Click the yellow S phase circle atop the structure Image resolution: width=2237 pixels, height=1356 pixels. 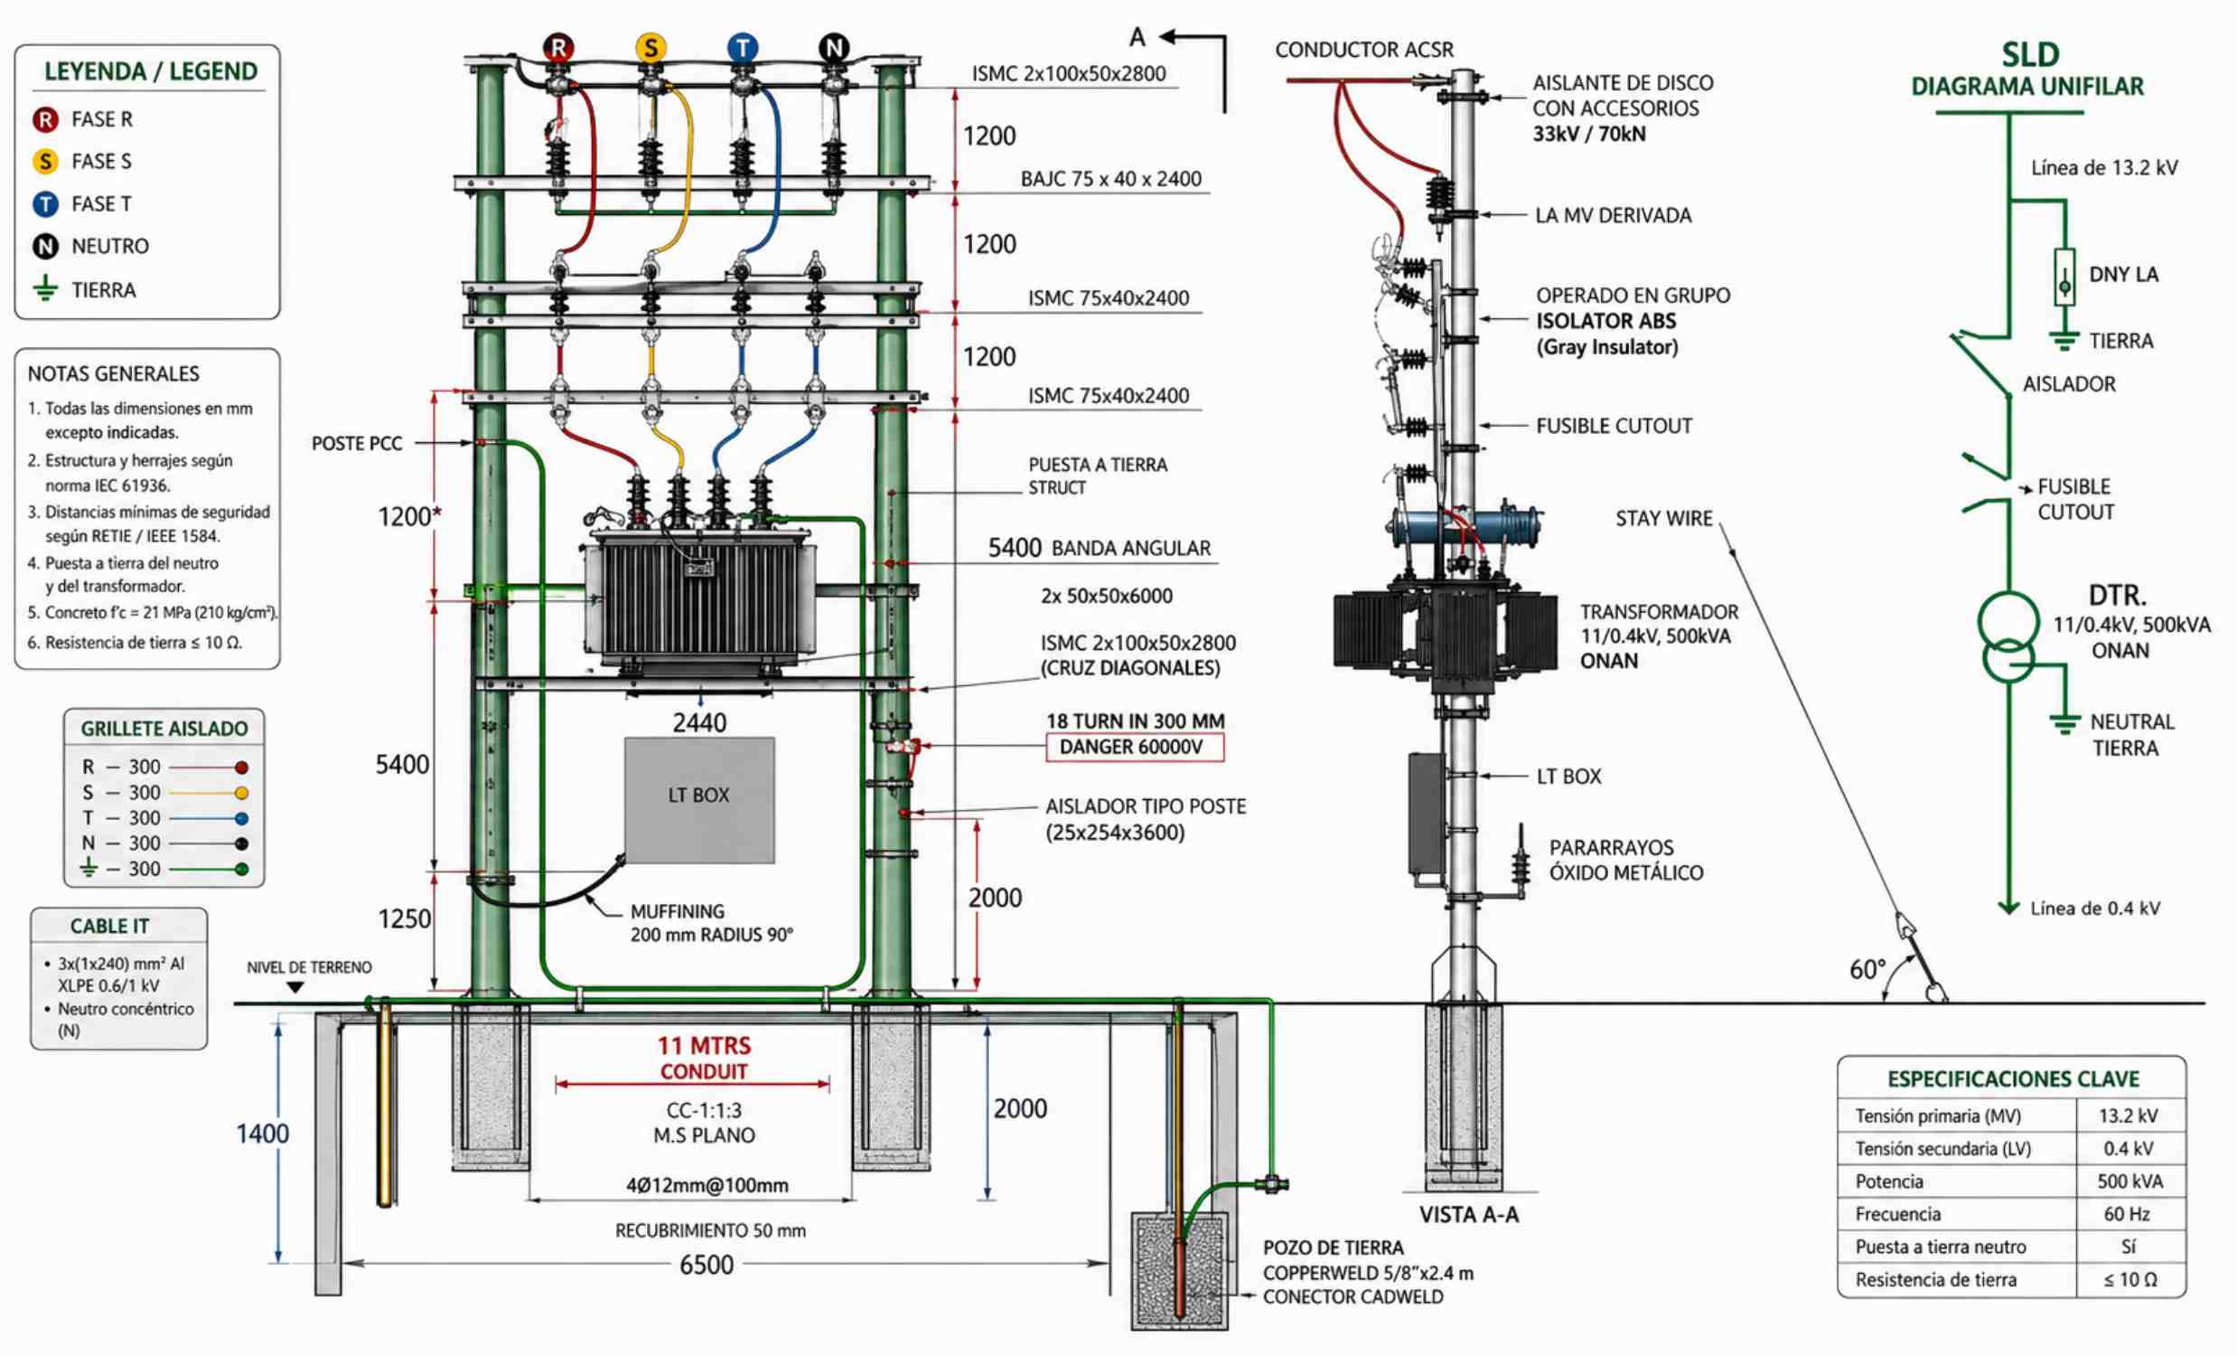coord(650,47)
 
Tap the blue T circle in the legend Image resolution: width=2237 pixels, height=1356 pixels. coord(45,204)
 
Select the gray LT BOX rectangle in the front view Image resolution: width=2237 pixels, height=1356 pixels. coord(699,799)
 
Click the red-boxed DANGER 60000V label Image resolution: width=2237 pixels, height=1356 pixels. coord(1134,747)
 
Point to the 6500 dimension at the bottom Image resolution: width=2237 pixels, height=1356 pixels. coord(707,1265)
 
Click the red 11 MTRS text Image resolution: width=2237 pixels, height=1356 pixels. coord(704,1046)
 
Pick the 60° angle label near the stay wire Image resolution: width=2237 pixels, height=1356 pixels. coord(1867,970)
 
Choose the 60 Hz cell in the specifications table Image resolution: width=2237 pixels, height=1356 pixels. coord(2128,1214)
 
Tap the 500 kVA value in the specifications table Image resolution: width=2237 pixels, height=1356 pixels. coord(2129,1182)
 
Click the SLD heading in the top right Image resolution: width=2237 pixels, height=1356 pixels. coord(2030,55)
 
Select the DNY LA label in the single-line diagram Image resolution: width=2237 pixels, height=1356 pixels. coord(2122,274)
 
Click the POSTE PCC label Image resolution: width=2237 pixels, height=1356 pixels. coord(357,443)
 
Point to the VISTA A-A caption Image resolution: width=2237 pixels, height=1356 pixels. coord(1468,1215)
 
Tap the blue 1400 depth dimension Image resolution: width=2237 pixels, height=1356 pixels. coord(262,1134)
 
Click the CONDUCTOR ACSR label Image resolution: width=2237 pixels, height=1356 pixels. coord(1363,50)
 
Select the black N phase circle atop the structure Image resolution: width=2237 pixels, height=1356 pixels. coord(833,47)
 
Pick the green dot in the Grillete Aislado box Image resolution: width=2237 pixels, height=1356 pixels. coord(241,869)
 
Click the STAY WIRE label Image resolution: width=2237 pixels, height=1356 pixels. coord(1663,519)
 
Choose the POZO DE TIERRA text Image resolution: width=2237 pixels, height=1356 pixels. coord(1333,1248)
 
